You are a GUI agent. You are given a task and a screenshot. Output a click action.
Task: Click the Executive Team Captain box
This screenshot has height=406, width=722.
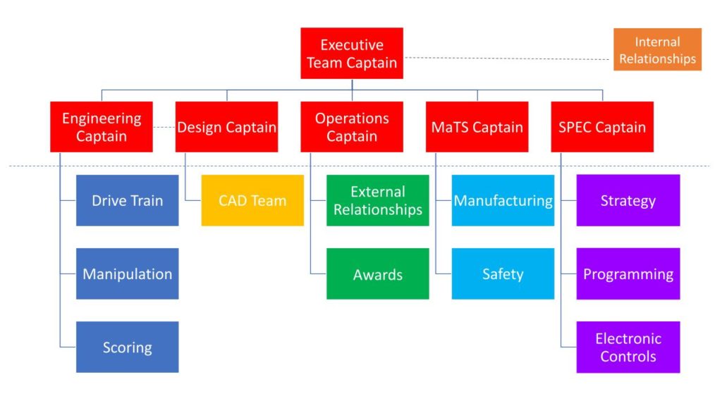tap(352, 54)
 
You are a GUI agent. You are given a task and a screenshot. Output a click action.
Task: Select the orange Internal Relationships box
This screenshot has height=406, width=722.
tap(657, 49)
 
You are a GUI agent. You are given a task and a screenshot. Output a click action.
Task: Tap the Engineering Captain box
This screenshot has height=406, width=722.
tap(102, 127)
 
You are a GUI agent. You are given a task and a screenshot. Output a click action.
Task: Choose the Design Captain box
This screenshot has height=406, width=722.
tap(226, 127)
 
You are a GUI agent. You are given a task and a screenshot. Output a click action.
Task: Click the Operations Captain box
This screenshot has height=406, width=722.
tap(352, 127)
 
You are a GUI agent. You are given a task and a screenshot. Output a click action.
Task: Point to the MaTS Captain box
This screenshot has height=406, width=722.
tap(477, 127)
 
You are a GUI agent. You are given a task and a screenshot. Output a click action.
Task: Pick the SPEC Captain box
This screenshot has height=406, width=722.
tap(602, 127)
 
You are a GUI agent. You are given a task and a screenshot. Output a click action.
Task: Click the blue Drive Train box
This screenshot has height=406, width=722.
tap(127, 200)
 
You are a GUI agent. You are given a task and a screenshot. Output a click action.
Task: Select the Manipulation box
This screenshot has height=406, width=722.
tap(127, 273)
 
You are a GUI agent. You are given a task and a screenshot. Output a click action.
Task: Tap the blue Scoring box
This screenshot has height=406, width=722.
tap(127, 347)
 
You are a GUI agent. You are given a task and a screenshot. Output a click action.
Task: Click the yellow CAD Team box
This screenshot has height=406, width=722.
tap(252, 200)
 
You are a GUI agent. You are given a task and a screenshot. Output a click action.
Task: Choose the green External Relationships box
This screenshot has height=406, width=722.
tap(378, 200)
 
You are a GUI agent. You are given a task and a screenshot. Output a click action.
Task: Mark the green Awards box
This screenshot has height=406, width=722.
tap(378, 273)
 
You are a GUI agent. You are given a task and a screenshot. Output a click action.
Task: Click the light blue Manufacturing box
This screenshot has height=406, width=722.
tap(503, 200)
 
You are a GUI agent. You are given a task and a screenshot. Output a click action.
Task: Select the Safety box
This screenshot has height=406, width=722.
tap(503, 273)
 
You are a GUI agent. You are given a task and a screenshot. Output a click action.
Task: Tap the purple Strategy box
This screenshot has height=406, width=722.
tap(628, 200)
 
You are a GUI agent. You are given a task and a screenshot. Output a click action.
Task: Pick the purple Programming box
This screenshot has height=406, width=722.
tap(628, 273)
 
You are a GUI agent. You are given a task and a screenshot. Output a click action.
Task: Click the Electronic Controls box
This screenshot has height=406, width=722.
tap(628, 347)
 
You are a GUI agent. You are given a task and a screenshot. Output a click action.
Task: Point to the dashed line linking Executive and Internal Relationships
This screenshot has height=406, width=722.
tap(508, 59)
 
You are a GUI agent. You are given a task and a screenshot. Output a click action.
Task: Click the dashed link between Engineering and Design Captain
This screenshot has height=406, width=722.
tap(164, 127)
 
